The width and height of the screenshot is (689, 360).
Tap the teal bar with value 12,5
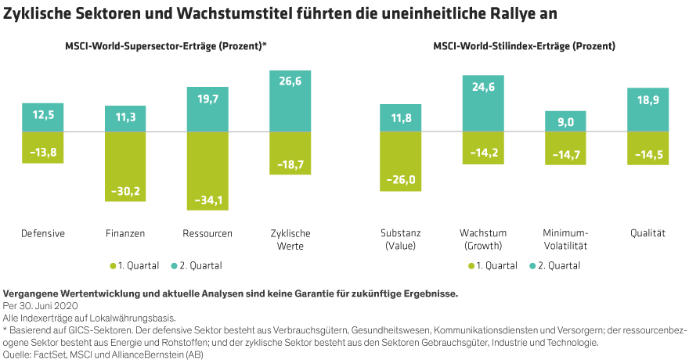tap(43, 117)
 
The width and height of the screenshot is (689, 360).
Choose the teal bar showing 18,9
tap(648, 110)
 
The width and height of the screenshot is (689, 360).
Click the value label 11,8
tap(401, 119)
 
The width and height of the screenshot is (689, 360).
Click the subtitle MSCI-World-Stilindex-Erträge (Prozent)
tap(524, 47)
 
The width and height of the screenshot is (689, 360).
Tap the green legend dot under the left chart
tap(114, 266)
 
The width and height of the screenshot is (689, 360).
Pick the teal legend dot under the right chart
tap(533, 266)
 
